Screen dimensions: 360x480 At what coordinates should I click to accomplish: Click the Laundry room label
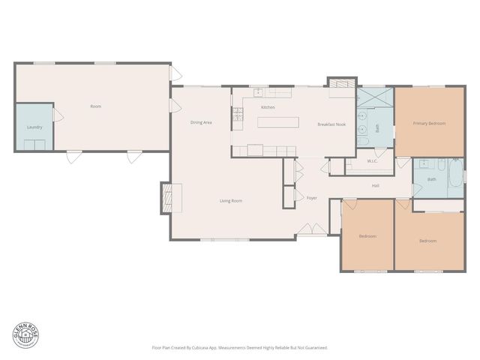34,127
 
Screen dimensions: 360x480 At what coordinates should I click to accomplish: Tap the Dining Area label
200,122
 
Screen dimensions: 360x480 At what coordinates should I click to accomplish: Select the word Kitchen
268,107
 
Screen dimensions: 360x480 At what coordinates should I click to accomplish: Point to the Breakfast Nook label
331,124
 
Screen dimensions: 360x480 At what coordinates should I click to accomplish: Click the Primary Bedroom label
430,123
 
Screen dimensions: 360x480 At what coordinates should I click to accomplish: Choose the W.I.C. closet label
372,161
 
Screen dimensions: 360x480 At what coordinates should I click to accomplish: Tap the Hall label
375,185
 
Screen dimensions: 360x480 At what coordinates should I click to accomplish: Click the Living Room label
230,200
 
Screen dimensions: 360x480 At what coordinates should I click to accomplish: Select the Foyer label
312,198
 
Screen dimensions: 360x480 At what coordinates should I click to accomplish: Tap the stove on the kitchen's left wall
237,115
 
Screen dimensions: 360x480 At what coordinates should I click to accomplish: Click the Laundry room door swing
56,114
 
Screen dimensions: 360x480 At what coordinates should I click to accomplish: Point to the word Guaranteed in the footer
317,347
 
